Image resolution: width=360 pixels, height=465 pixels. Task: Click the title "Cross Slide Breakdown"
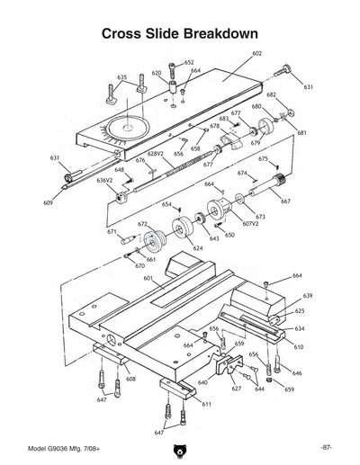[x=180, y=33]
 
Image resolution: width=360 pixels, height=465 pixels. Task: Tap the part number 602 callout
[x=256, y=54]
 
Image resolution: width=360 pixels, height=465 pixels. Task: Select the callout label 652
[x=189, y=63]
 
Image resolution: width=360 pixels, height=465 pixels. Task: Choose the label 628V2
[x=155, y=154]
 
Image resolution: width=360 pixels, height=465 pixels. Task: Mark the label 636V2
[x=105, y=180]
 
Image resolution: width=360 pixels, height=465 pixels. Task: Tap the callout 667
[x=285, y=201]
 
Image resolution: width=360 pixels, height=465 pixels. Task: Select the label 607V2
[x=249, y=223]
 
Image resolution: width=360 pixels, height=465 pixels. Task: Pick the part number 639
[x=307, y=295]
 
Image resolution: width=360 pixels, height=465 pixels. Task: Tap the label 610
[x=298, y=346]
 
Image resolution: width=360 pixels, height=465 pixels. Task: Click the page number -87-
[x=326, y=447]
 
